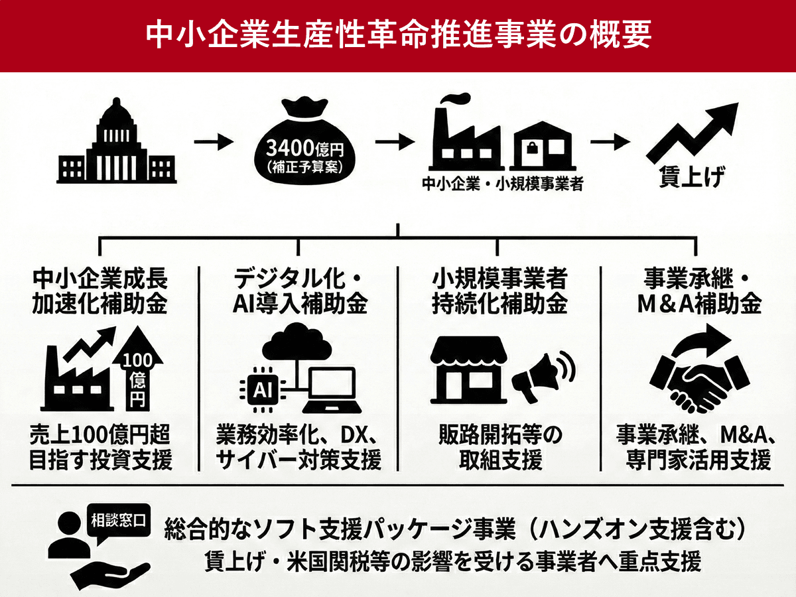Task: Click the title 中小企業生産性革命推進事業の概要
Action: pos(398,34)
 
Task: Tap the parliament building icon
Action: pos(117,142)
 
